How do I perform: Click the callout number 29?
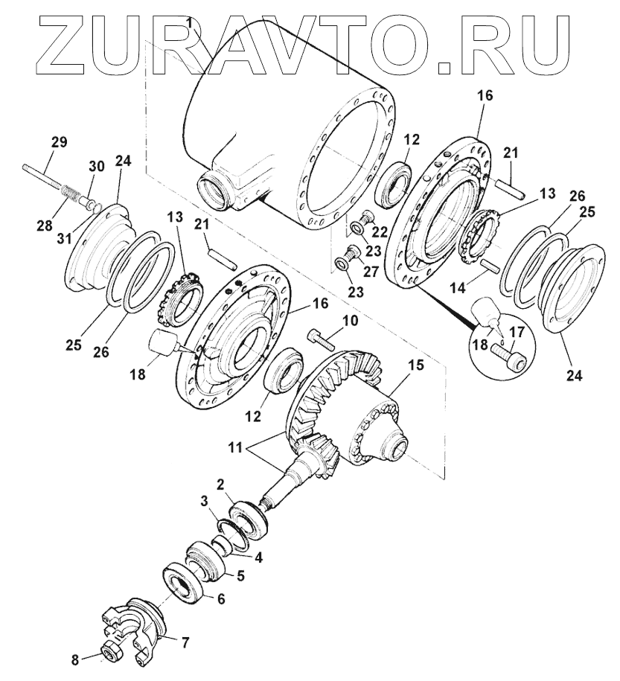coord(60,141)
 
